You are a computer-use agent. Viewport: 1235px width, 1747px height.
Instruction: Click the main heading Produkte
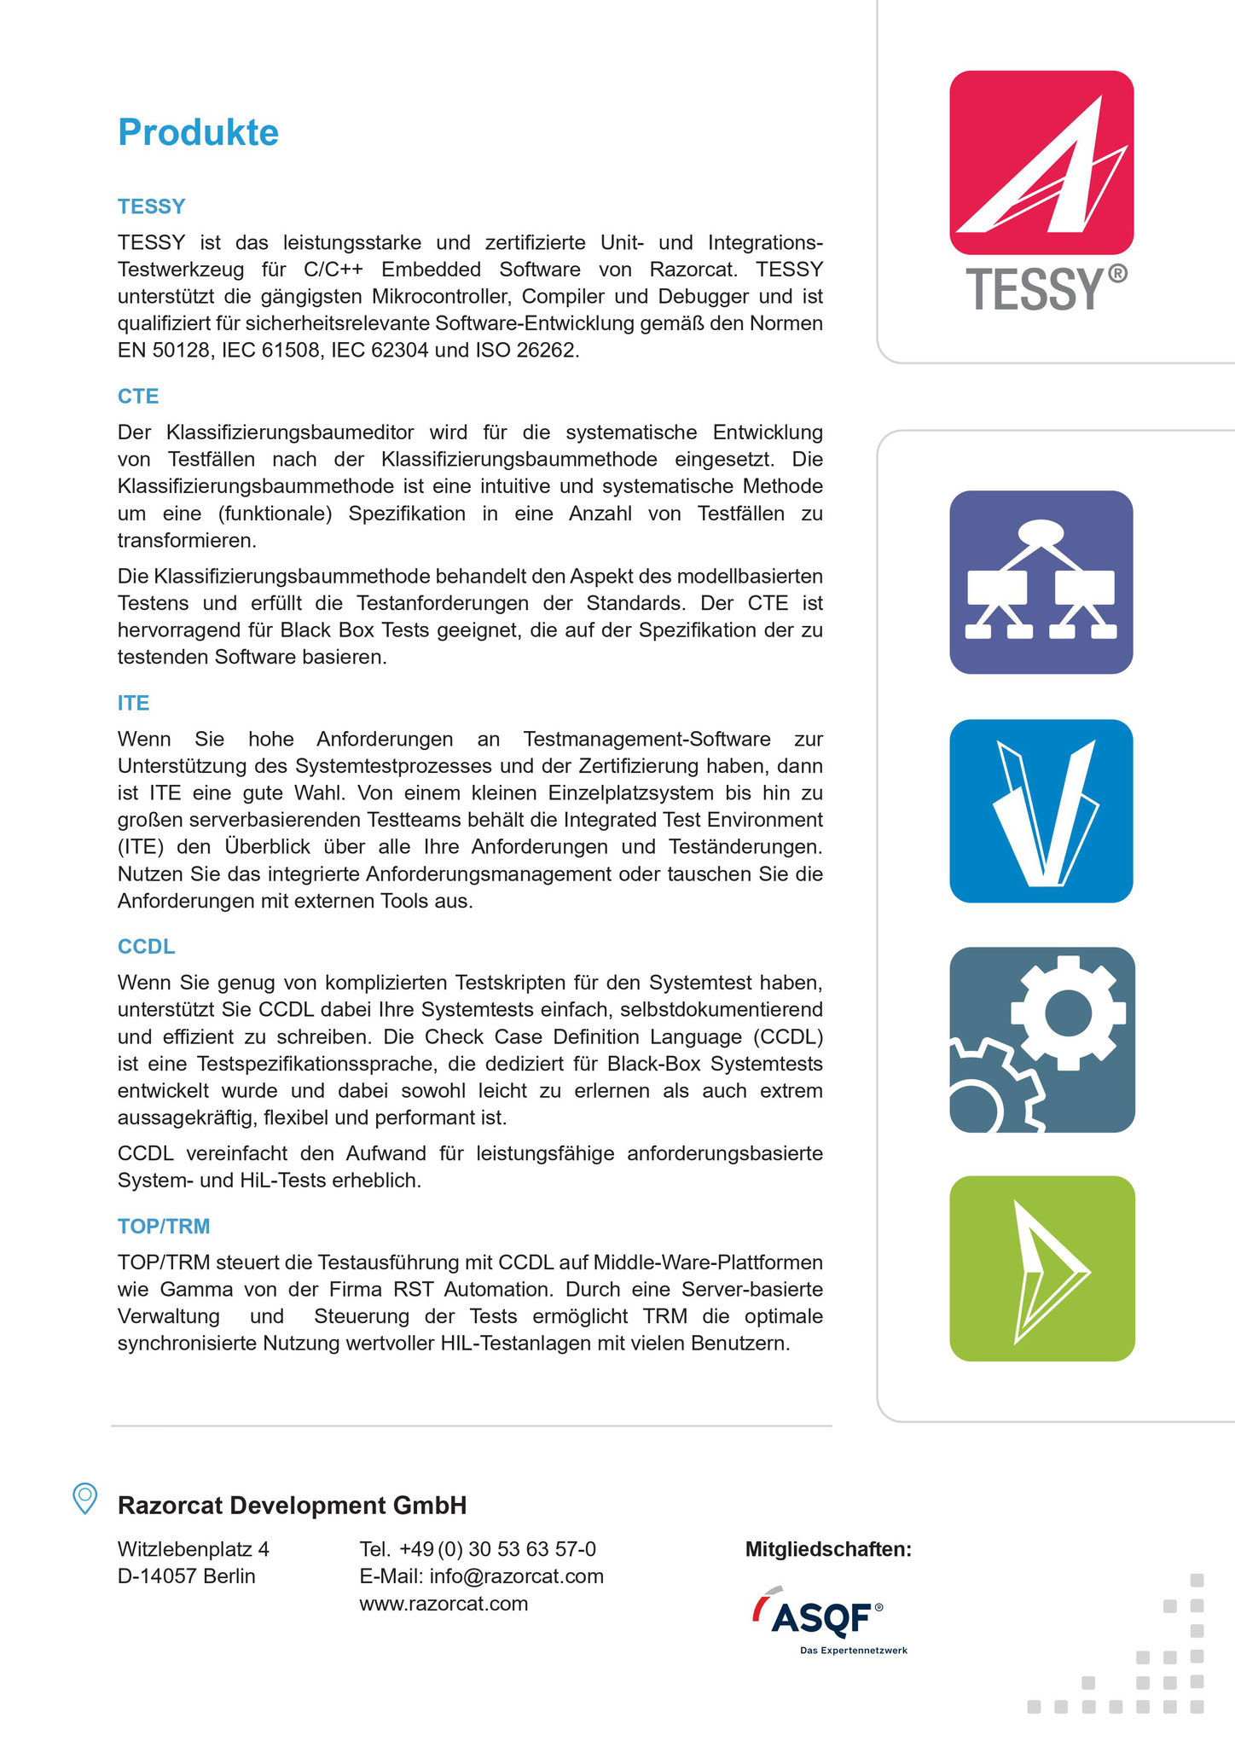(x=198, y=132)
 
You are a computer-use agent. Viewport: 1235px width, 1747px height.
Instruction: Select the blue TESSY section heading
(x=151, y=206)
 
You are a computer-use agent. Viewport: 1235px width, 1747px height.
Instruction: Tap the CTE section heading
(x=138, y=396)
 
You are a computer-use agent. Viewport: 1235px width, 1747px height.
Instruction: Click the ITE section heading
(x=133, y=703)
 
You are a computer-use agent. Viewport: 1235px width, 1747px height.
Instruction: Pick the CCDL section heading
(x=146, y=946)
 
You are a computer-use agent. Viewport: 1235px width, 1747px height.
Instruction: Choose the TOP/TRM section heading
(x=164, y=1226)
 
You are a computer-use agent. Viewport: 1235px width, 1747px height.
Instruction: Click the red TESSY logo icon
(x=1041, y=162)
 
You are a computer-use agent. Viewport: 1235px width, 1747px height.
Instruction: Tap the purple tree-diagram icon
(x=1041, y=582)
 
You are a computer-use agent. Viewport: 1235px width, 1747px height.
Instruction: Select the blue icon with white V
(x=1041, y=810)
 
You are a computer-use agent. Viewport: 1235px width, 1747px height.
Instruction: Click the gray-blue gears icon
(x=1041, y=1039)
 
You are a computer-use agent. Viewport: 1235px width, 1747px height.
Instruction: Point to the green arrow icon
(x=1041, y=1268)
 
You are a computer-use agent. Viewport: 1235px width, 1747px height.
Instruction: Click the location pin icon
(x=84, y=1499)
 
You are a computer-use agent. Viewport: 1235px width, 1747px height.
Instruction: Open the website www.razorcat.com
(x=444, y=1604)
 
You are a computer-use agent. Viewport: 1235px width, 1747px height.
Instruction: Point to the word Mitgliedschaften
(x=828, y=1549)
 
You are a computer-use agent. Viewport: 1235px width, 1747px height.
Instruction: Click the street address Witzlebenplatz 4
(x=194, y=1549)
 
